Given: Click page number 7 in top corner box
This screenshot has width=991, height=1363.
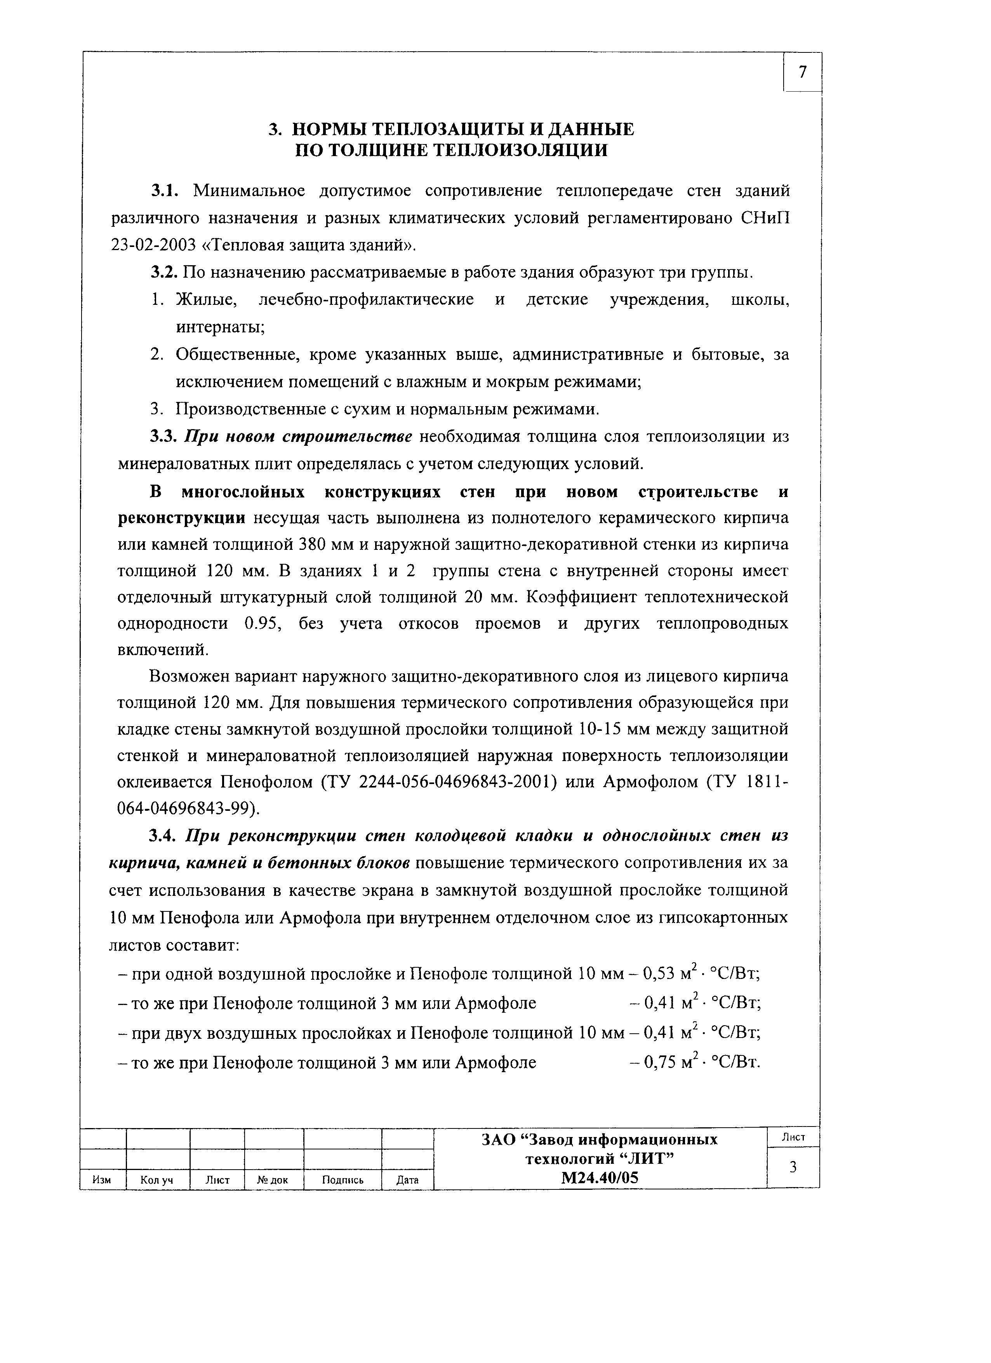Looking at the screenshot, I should [x=802, y=72].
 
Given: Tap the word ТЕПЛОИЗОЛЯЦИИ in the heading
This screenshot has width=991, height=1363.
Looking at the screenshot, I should [x=520, y=150].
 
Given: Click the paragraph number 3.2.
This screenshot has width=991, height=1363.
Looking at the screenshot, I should [x=163, y=273].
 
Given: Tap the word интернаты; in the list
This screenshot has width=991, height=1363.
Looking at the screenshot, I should [x=221, y=327].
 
